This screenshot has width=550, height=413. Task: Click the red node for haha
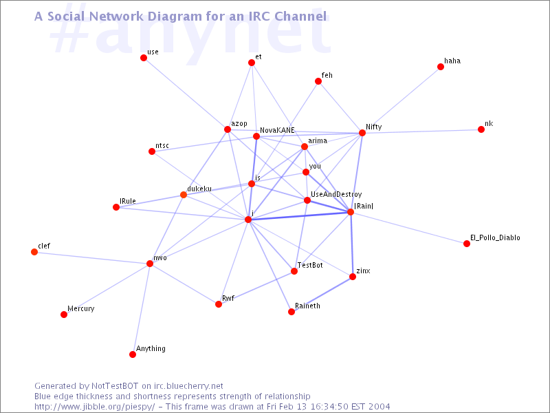441,67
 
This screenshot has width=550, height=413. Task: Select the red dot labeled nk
481,129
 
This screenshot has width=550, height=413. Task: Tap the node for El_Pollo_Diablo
467,244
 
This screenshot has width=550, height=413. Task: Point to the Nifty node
362,133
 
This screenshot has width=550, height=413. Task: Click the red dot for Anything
133,354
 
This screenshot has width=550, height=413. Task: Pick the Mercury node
64,315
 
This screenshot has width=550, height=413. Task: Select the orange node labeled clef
34,252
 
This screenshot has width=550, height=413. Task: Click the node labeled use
144,58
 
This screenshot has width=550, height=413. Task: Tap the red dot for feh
318,81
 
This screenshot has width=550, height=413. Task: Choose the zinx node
353,277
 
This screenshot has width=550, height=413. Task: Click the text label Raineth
307,306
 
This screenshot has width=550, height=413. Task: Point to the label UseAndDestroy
336,195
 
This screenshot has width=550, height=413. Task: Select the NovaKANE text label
277,130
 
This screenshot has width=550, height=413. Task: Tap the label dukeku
199,189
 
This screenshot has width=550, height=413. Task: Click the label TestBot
310,265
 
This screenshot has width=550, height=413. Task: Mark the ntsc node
152,151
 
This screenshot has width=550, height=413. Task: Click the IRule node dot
116,207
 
